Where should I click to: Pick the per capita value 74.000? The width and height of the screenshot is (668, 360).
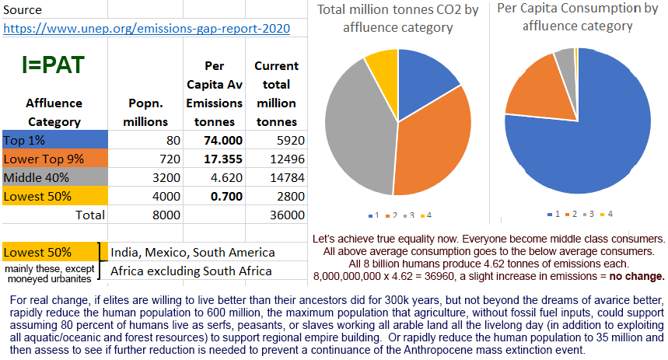point(222,141)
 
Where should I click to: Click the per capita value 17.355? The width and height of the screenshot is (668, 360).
point(222,159)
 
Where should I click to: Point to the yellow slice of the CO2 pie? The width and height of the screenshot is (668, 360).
point(382,67)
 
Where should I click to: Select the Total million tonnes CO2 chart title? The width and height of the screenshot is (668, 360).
point(397,19)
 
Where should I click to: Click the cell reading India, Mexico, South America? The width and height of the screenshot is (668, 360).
point(192,253)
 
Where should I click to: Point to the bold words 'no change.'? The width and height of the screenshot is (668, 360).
point(637,276)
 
